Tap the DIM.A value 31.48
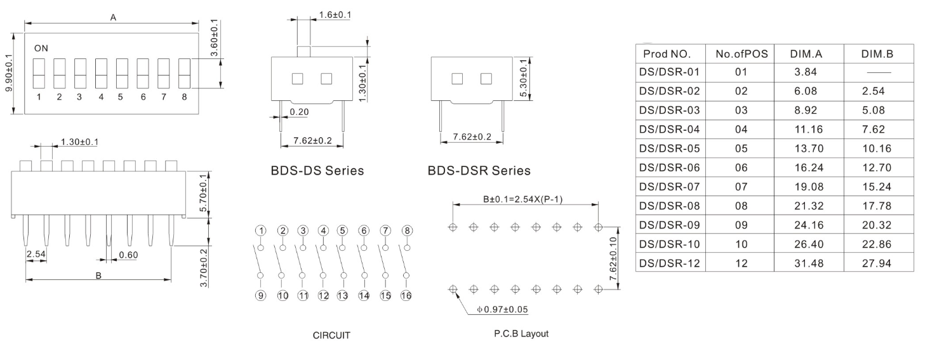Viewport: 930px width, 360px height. pos(806,263)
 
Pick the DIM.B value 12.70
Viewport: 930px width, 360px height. pos(877,168)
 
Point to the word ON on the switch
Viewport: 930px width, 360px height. pos(41,48)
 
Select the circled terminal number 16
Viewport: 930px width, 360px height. pos(407,295)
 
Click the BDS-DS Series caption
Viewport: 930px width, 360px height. pos(317,171)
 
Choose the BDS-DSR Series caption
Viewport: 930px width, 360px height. pos(479,171)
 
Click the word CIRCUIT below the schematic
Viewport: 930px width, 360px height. pos(331,336)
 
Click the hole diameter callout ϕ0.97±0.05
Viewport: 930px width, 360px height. pos(502,309)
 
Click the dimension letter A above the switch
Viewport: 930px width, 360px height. pos(113,18)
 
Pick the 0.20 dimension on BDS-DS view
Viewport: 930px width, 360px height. pos(300,112)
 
